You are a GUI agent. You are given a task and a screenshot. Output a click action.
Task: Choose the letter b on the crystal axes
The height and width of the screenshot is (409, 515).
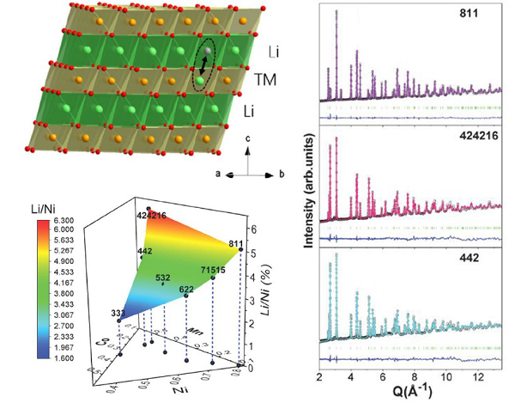[285, 174]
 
